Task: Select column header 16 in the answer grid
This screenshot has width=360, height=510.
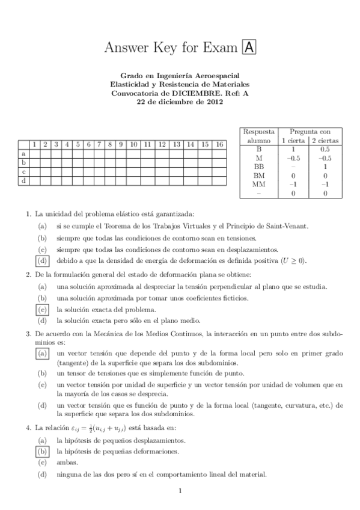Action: pos(219,144)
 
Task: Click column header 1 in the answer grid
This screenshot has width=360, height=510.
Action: pos(34,144)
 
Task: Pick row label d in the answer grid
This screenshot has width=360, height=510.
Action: pos(23,180)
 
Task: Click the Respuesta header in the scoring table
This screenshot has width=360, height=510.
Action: pos(259,131)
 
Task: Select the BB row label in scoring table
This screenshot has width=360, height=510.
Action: pos(259,166)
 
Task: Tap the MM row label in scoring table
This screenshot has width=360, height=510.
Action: pos(259,184)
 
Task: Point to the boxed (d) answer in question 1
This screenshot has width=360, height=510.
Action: pos(41,260)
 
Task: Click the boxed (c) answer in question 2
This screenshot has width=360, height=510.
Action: pos(41,309)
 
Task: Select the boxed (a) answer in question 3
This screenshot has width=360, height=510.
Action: pos(41,354)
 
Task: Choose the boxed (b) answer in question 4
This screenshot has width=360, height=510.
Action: pos(41,450)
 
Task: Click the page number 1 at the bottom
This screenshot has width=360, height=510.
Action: pos(180,492)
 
